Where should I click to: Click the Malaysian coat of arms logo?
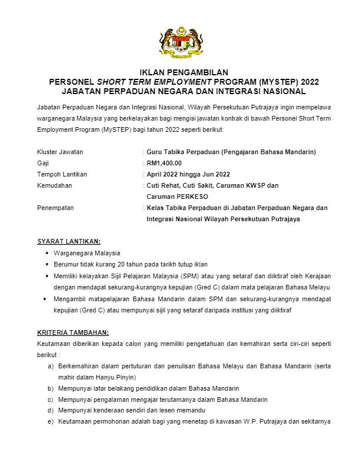[x=180, y=42]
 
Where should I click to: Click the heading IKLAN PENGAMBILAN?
[x=180, y=72]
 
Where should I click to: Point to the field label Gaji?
[x=43, y=163]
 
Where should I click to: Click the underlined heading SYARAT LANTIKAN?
[x=68, y=241]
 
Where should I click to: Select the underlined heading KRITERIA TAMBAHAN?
[x=72, y=332]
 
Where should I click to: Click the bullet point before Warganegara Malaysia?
[x=47, y=253]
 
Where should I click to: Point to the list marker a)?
[x=51, y=366]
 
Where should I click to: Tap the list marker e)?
[x=51, y=422]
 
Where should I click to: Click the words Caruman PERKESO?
[x=177, y=197]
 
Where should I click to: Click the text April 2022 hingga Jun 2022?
[x=188, y=174]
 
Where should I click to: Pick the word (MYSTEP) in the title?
[x=265, y=82]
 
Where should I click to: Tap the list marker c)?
[x=51, y=400]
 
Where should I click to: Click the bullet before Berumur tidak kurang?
[x=47, y=264]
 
